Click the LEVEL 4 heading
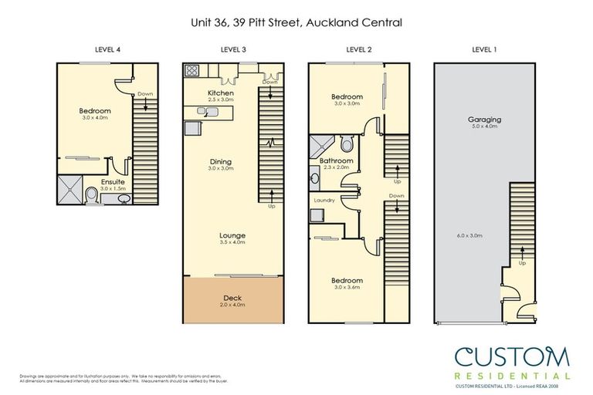point(107,49)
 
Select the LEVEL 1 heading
point(484,49)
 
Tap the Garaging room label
point(484,120)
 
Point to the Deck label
point(232,297)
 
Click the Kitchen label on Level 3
point(221,93)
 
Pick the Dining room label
point(221,162)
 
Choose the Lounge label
point(232,235)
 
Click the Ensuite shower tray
point(69,190)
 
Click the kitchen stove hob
point(192,71)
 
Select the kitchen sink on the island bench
point(204,112)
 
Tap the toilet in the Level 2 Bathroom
point(346,144)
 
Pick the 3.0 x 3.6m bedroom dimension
point(347,288)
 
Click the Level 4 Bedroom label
point(95,111)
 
